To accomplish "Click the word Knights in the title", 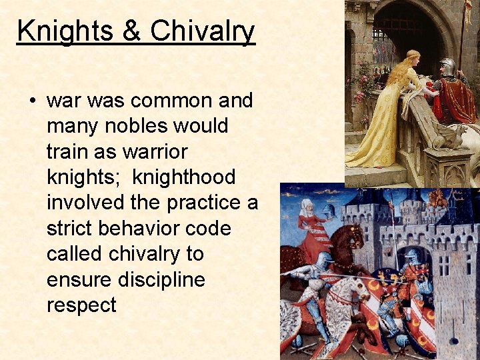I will click(x=57, y=31).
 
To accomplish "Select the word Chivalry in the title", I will click(x=203, y=31).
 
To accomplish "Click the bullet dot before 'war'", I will click(x=32, y=101).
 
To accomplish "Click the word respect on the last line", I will click(x=81, y=305).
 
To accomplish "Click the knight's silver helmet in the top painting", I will click(x=447, y=66).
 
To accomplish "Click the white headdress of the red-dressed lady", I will click(x=307, y=204).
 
